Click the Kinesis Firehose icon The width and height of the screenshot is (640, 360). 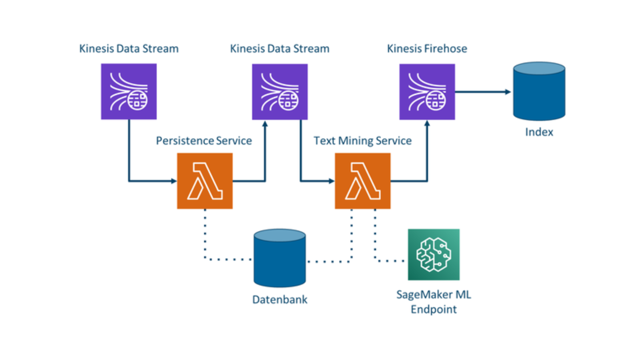pyautogui.click(x=427, y=92)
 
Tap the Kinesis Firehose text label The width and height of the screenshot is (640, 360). pyautogui.click(x=427, y=49)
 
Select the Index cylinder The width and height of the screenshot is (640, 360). pyautogui.click(x=539, y=92)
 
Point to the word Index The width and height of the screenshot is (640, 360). pyautogui.click(x=539, y=132)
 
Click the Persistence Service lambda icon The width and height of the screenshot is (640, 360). pyautogui.click(x=205, y=181)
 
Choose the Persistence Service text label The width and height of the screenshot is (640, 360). pyautogui.click(x=204, y=141)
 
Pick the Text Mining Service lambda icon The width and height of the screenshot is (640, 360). pyautogui.click(x=363, y=181)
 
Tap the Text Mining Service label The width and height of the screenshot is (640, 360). pyautogui.click(x=362, y=141)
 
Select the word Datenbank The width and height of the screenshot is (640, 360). pyautogui.click(x=280, y=300)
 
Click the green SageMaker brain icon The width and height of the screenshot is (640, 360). pyautogui.click(x=434, y=254)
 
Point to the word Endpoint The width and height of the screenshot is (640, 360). pyautogui.click(x=434, y=309)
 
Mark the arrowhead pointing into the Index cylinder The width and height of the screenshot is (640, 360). pyautogui.click(x=508, y=92)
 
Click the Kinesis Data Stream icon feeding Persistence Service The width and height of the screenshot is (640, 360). pyautogui.click(x=129, y=92)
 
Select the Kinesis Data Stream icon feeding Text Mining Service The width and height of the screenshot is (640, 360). pyautogui.click(x=280, y=92)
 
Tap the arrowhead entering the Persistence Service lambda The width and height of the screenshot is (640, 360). pyautogui.click(x=174, y=181)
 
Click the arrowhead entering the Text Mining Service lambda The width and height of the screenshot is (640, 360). pyautogui.click(x=332, y=181)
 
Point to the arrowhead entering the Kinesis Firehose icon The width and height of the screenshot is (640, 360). pyautogui.click(x=427, y=123)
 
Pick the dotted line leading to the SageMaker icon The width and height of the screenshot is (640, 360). pyautogui.click(x=375, y=240)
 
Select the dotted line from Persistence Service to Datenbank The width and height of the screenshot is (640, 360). pyautogui.click(x=205, y=237)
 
